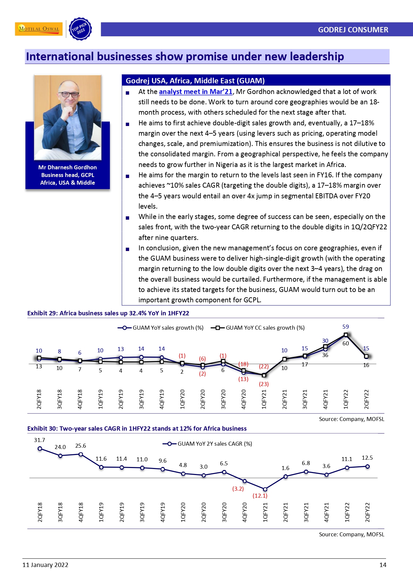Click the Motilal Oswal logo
pos(39,29)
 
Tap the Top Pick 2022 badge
pos(80,29)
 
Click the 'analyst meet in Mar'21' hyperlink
pos(195,92)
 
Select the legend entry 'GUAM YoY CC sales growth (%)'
pos(258,328)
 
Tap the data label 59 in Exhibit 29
pos(345,327)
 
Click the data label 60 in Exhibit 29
pos(345,343)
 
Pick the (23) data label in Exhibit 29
pos(264,384)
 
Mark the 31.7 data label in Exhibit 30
pos(39,440)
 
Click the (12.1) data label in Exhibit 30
pos(260,496)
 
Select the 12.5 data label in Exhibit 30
pos(367,458)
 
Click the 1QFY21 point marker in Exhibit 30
pos(265,489)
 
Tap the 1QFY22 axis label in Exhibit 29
pos(346,399)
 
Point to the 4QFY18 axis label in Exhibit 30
pos(81,512)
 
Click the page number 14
pos(383,565)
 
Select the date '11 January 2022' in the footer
pos(45,565)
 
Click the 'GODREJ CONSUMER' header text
pos(353,30)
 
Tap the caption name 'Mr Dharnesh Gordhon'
pos(68,167)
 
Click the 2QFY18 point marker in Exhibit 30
pos(40,449)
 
